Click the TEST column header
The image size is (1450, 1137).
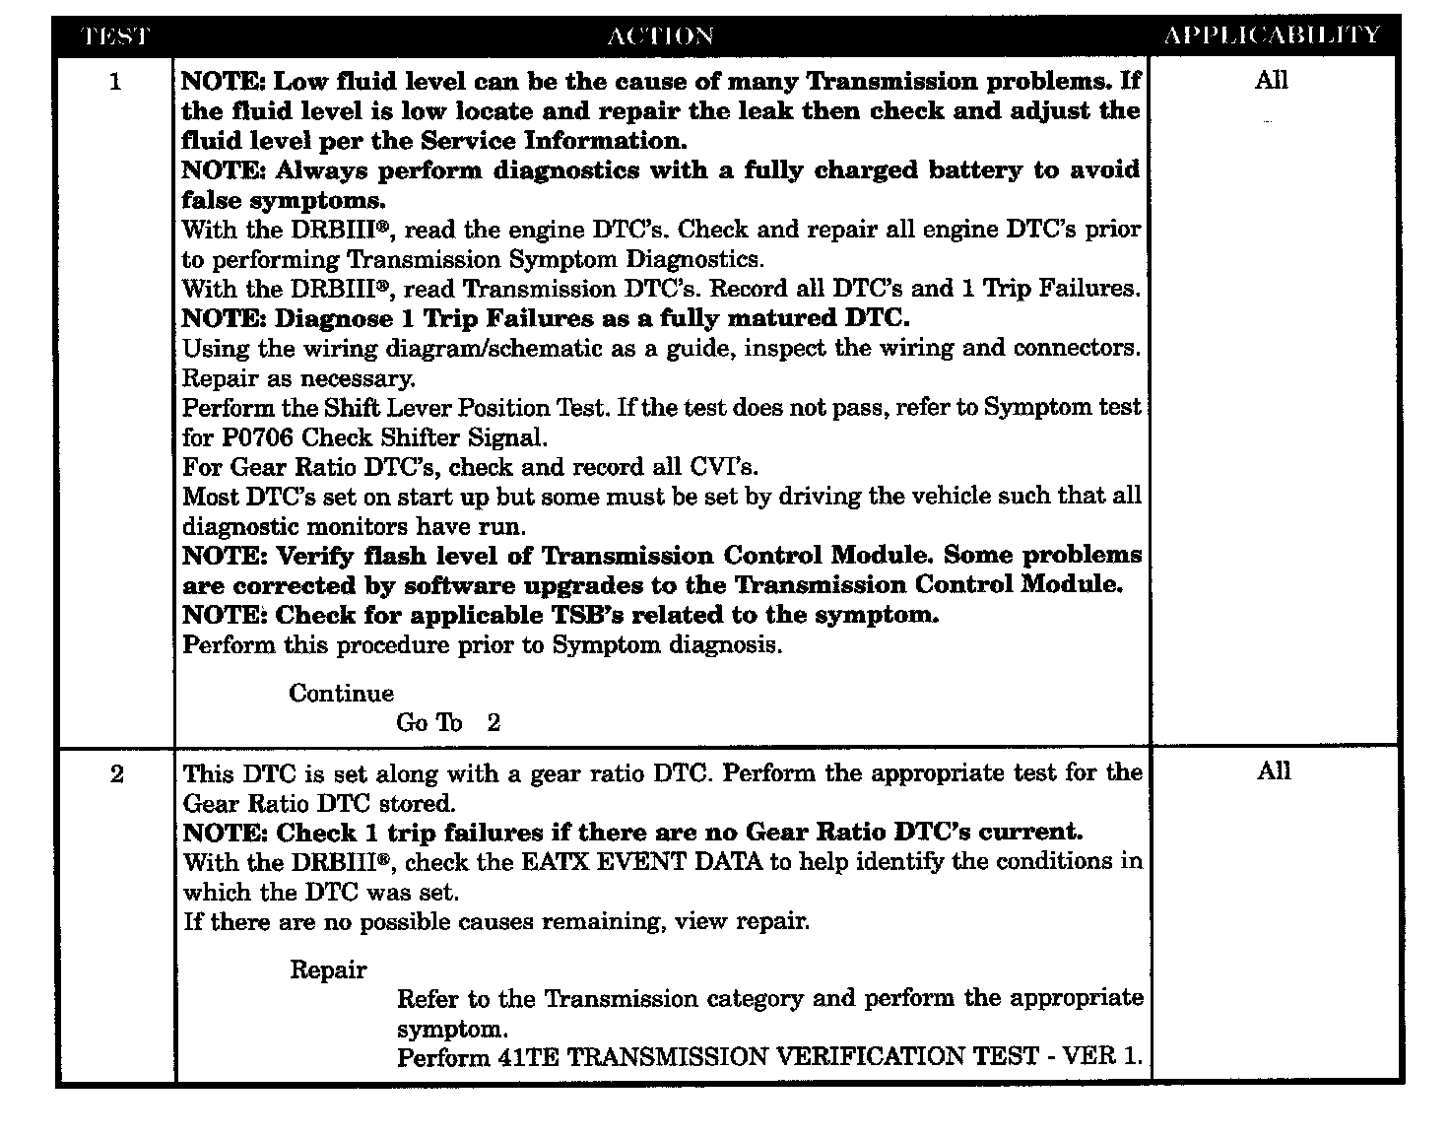pos(115,36)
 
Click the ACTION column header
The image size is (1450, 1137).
pos(660,36)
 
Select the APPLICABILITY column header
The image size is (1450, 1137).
pos(1272,35)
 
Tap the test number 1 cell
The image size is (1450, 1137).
pos(115,82)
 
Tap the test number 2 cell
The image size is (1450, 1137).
pos(117,774)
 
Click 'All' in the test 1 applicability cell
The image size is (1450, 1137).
pos(1271,81)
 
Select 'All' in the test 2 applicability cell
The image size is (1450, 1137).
pos(1273,771)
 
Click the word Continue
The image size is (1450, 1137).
pos(341,694)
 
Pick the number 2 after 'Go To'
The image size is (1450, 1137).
pos(494,723)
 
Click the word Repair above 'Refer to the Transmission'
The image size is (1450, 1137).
pos(328,970)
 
